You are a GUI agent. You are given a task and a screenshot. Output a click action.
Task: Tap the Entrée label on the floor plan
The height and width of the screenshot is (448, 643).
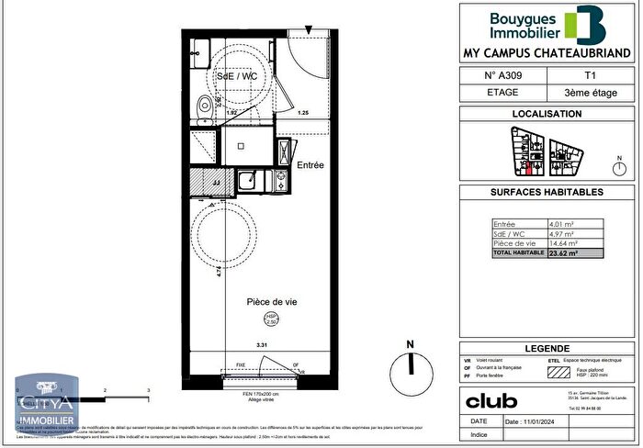coord(311,165)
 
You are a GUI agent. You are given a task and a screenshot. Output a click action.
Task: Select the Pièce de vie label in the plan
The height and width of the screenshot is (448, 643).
coord(271,302)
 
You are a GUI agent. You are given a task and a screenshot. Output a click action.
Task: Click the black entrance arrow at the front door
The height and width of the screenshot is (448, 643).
coord(308,31)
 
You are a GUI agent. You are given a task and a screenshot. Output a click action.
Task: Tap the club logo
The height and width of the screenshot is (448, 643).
coord(491,400)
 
